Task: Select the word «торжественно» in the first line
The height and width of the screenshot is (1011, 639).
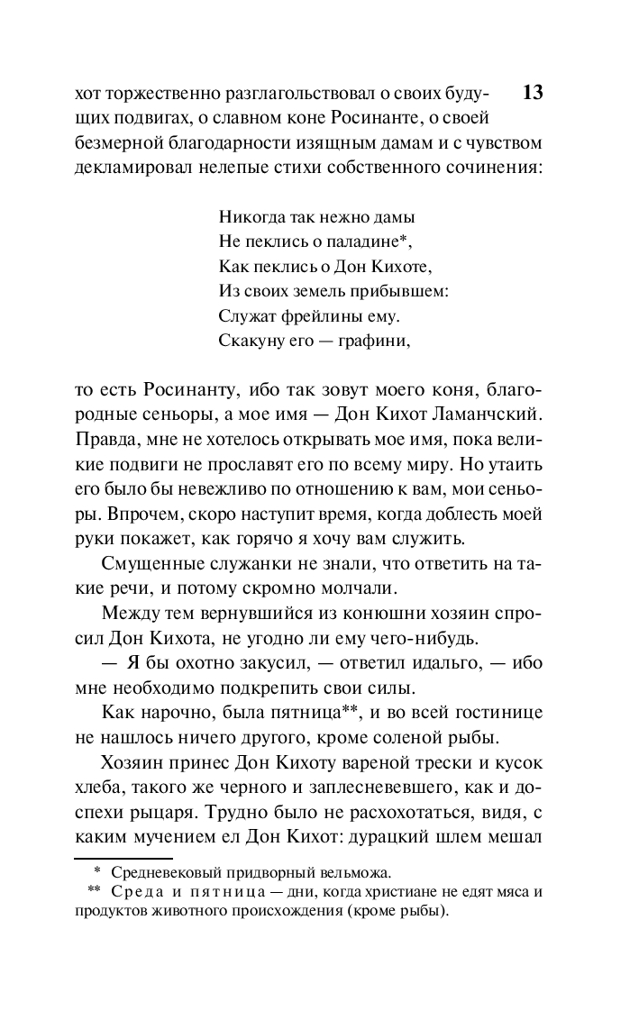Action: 159,94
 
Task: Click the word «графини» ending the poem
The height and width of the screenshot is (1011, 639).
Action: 378,342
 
